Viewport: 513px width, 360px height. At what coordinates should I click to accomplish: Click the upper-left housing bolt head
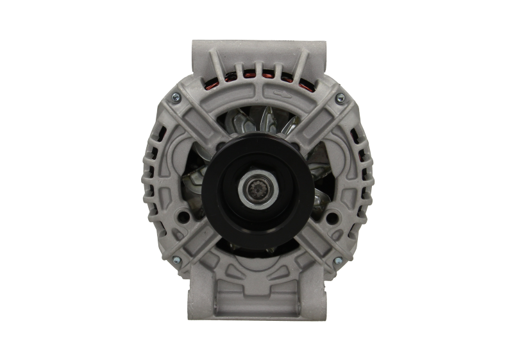(172, 98)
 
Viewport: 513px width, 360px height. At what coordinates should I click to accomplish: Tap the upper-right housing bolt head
(340, 98)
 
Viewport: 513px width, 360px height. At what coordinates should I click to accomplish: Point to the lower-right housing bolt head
(338, 259)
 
